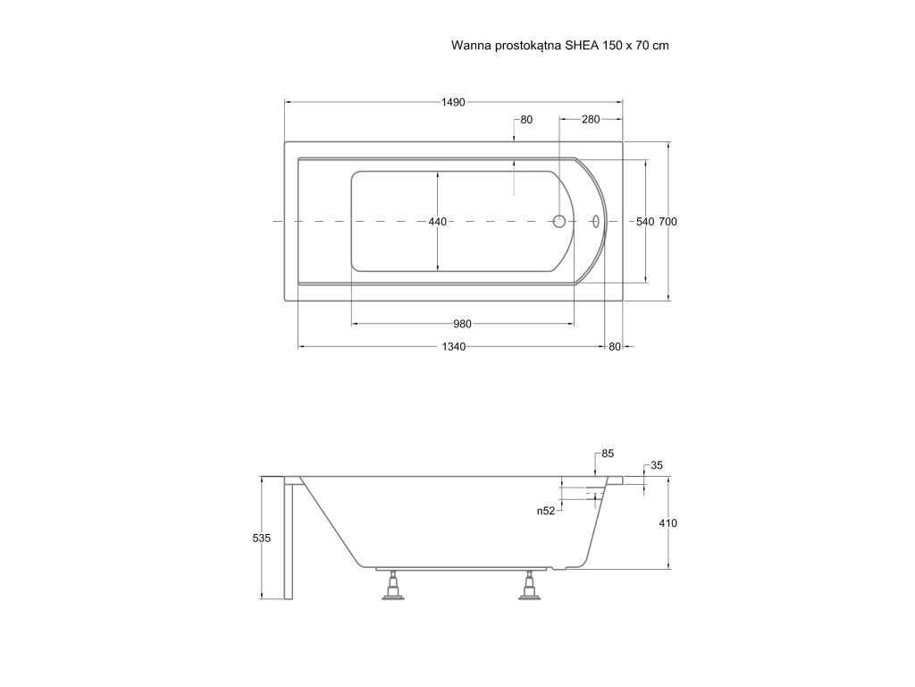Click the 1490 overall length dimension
tap(453, 102)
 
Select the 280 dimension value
tap(591, 119)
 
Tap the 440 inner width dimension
tap(437, 221)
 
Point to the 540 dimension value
tap(644, 221)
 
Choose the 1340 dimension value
tap(453, 347)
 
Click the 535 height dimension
tap(261, 539)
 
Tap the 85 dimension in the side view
tap(608, 454)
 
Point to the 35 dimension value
tap(656, 465)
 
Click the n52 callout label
tap(546, 511)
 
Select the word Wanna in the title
tap(470, 44)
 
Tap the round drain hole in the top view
tap(560, 221)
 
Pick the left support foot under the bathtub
tap(391, 588)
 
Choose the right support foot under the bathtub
tap(531, 588)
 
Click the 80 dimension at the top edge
tap(526, 119)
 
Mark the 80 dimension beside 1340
tap(614, 347)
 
